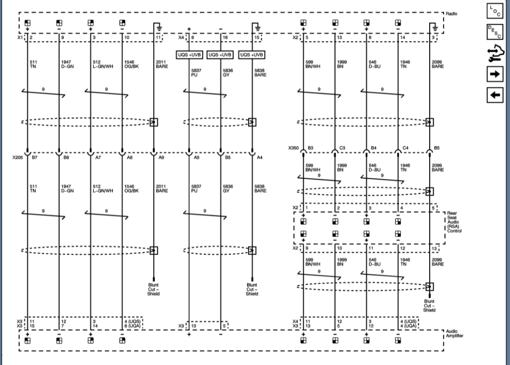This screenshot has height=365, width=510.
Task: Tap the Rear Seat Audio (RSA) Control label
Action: (454, 222)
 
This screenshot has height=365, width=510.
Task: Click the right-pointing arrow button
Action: (495, 74)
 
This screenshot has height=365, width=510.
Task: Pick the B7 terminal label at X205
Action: (35, 158)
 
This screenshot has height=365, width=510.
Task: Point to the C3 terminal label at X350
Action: (342, 148)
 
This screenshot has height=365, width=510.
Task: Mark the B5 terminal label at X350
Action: (437, 148)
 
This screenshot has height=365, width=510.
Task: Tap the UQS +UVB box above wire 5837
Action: (189, 55)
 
